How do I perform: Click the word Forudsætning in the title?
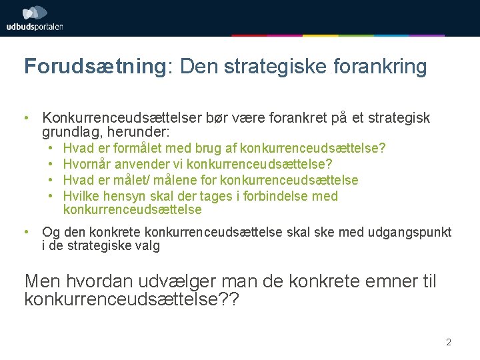click(93, 67)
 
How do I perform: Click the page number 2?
click(449, 343)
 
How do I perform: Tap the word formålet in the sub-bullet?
click(141, 147)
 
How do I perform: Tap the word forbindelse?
click(279, 196)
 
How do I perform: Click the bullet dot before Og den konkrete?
click(25, 232)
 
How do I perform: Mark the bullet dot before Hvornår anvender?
click(51, 163)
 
